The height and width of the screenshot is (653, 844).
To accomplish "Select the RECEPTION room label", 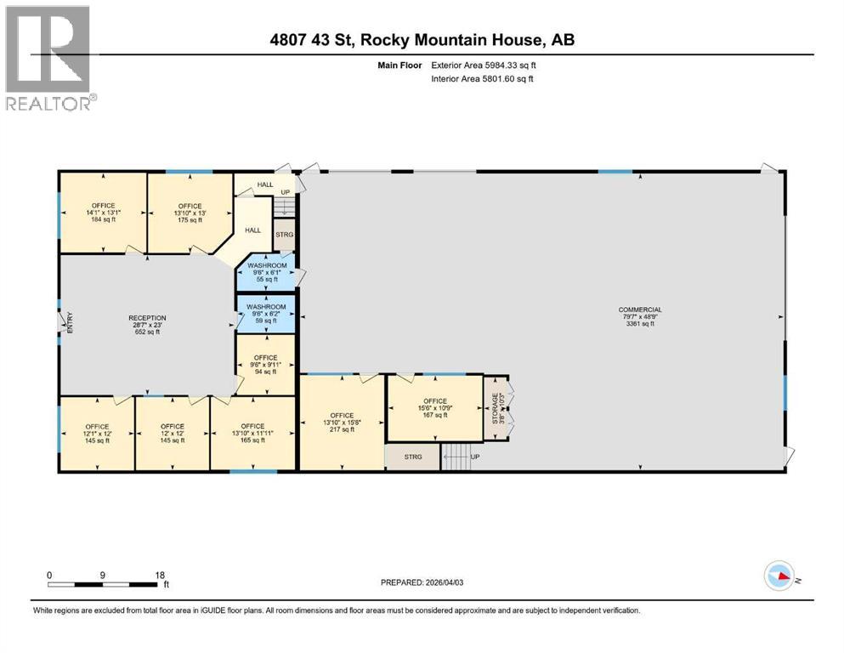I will (x=148, y=325).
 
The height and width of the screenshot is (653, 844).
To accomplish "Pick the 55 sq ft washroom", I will (x=265, y=272).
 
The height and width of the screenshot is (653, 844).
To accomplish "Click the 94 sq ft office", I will (x=265, y=364).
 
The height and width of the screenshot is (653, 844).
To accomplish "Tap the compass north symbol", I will (x=779, y=577).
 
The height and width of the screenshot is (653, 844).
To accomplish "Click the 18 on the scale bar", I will (x=159, y=575).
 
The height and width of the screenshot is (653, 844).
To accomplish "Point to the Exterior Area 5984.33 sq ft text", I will (x=484, y=65).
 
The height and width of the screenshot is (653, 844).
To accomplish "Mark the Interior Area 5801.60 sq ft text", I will (x=483, y=79).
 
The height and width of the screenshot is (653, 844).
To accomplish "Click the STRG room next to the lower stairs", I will (x=412, y=457).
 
